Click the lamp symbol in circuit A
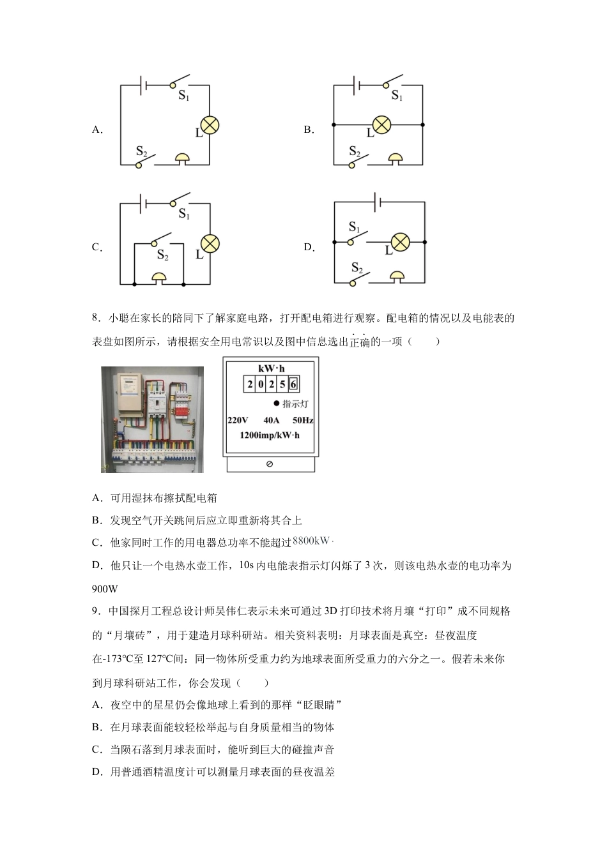210,126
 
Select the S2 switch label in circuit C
163,255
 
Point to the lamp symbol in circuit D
400,243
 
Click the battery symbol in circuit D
380,202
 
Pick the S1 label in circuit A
184,96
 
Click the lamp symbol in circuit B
381,124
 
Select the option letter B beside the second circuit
309,130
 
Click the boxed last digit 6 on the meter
293,384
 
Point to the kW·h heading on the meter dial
271,368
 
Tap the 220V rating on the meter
238,420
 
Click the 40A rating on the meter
271,420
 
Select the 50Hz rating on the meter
303,420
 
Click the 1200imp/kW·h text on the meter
269,435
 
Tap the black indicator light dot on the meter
276,403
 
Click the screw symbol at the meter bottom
269,464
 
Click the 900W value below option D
105,589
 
